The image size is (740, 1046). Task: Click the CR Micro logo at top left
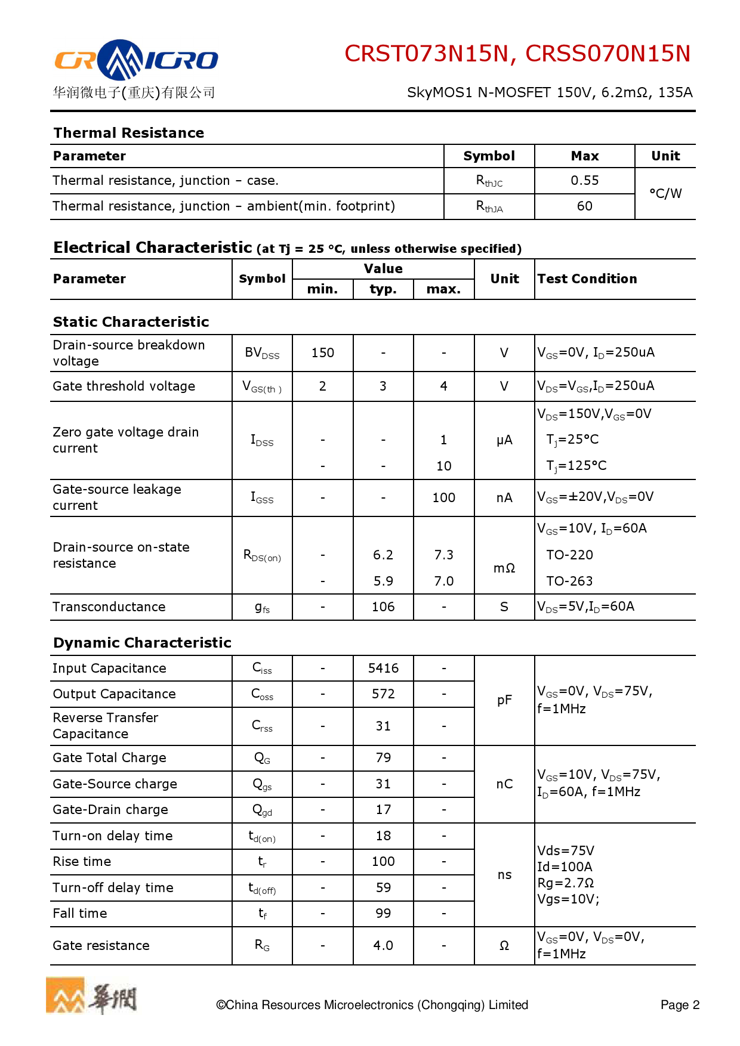pos(136,60)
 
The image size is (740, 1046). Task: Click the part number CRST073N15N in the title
pos(427,54)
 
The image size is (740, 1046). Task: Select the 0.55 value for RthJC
pos(584,181)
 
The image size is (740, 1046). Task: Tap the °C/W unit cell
pos(665,193)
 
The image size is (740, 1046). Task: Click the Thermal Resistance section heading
pos(129,132)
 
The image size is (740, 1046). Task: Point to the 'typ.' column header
pos(383,289)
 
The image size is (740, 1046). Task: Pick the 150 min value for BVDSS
pos(322,353)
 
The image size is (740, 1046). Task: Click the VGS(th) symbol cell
pos(262,387)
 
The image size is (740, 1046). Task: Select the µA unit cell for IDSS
pos(504,440)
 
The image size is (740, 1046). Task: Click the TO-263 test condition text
pos(569,581)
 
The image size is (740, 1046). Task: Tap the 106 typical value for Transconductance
pos(383,607)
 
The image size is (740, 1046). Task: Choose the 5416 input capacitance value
pos(383,669)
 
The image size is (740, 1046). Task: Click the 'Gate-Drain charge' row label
pos(110,810)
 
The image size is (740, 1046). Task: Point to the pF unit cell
pos(504,700)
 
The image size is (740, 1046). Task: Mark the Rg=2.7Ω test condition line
pos(565,883)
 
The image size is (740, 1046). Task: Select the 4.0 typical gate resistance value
pos(383,946)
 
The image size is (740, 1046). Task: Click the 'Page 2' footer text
pos(679,1005)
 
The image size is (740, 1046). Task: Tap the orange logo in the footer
pos(66,995)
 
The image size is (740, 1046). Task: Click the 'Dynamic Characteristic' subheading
pos(142,643)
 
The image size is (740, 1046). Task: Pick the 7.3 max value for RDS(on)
pos(443,555)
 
